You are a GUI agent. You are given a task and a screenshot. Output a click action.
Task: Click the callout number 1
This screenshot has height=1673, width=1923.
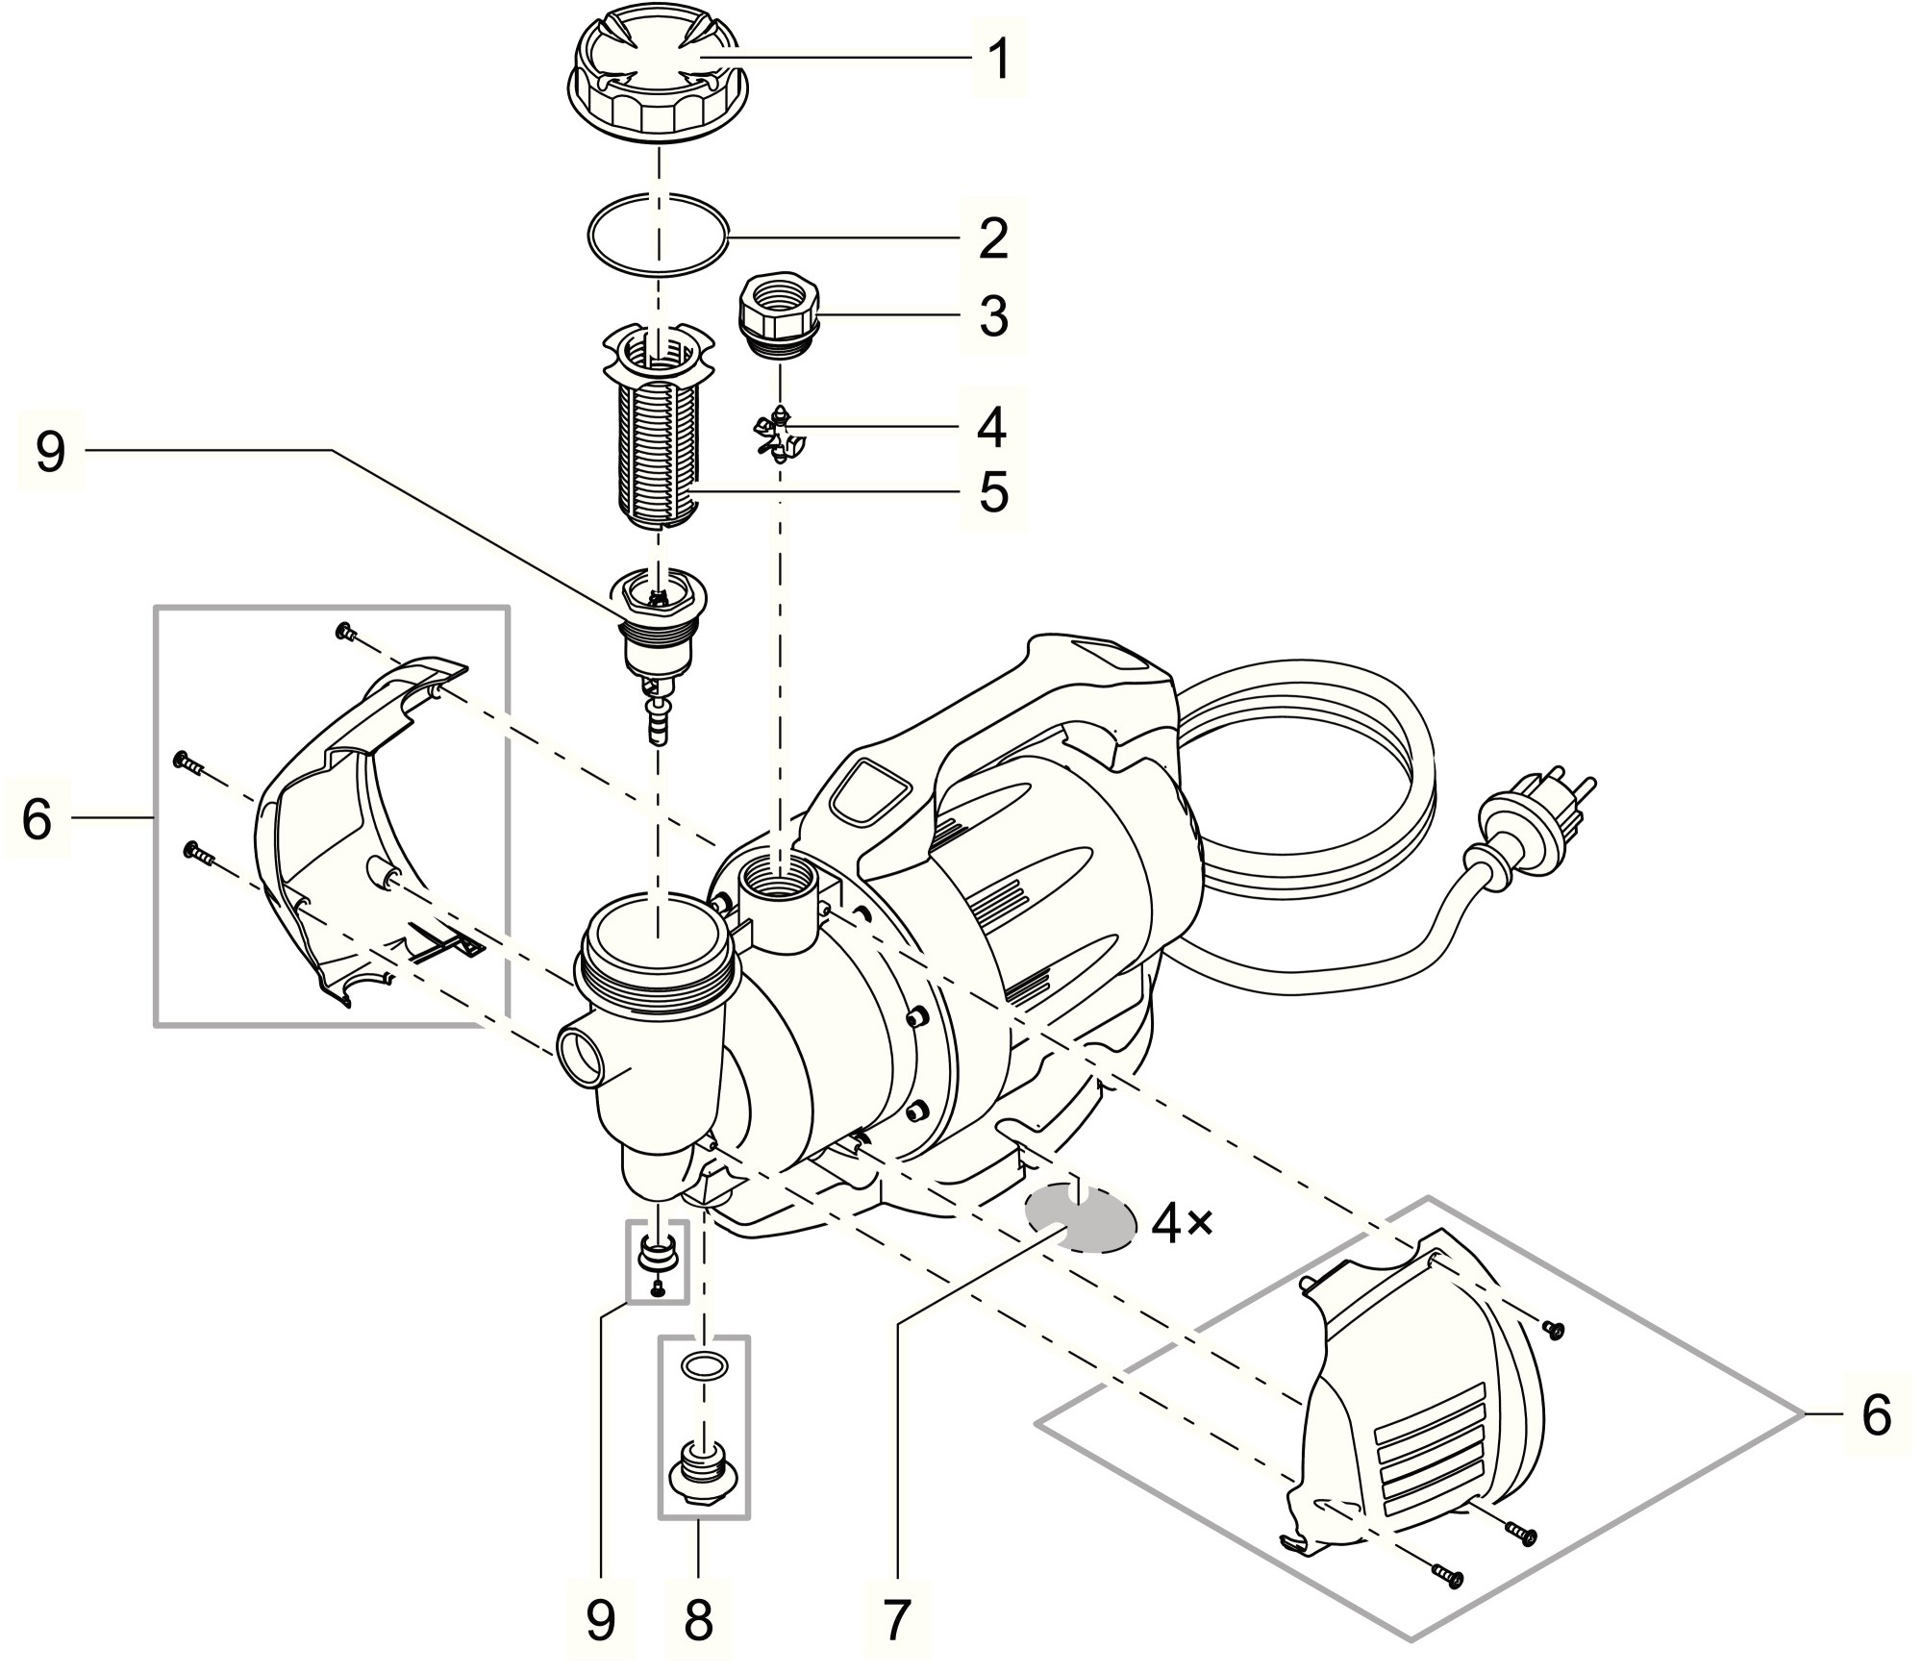click(1000, 60)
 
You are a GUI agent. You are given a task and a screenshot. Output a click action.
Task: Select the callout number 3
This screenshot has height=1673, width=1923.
click(993, 315)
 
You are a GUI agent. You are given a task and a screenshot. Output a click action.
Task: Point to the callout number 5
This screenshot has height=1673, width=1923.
click(993, 492)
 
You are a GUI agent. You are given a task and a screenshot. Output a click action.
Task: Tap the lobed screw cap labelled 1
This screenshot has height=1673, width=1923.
click(659, 82)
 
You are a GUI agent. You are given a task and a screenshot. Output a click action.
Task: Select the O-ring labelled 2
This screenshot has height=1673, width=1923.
click(659, 237)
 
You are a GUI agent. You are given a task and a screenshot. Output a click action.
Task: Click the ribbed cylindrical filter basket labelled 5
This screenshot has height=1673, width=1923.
click(660, 452)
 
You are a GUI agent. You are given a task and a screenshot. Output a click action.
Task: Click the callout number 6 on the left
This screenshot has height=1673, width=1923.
click(37, 818)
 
